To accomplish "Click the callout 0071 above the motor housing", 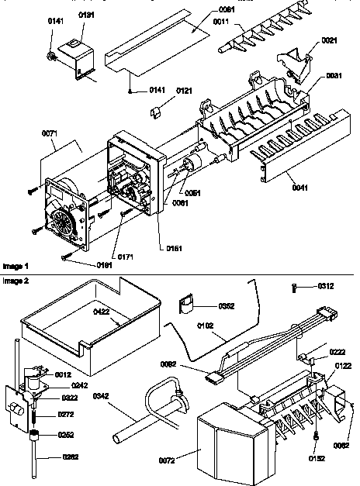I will pos(50,134).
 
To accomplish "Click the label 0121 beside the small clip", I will pos(184,91).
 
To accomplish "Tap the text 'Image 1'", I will pos(15,265).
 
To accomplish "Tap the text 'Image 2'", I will pos(15,279).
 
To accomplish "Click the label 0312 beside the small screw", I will pos(326,286).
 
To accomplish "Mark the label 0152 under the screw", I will pos(317,457).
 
